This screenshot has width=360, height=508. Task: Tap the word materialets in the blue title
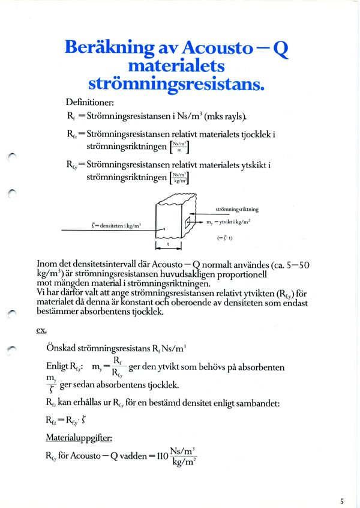pos(176,64)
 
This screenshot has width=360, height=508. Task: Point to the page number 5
pos(341,500)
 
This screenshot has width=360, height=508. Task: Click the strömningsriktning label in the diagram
pos(236,210)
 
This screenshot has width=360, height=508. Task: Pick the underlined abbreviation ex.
pos(42,330)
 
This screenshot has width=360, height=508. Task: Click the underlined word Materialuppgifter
pos(77,439)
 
